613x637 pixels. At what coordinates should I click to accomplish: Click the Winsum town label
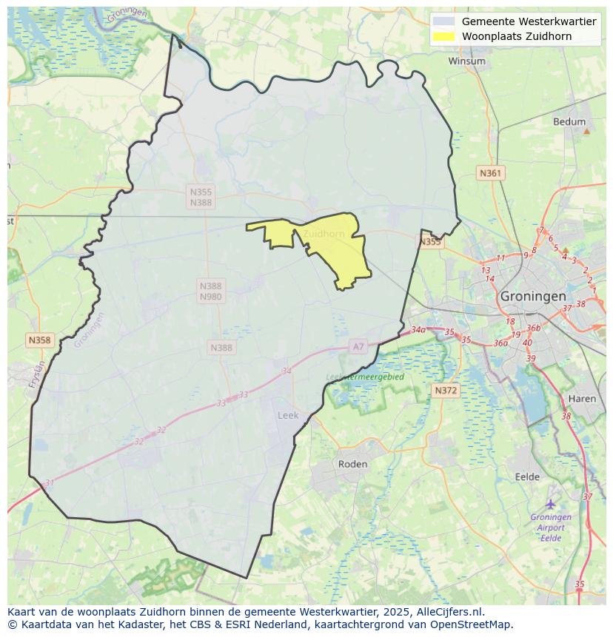[x=466, y=61]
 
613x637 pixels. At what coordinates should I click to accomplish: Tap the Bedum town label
[x=569, y=122]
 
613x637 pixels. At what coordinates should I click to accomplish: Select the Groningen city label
[x=533, y=296]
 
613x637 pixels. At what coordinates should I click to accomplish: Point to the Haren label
[x=582, y=399]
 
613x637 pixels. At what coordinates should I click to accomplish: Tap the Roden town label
[x=352, y=464]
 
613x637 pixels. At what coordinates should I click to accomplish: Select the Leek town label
[x=288, y=415]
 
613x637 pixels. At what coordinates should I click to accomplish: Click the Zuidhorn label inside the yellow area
[x=324, y=234]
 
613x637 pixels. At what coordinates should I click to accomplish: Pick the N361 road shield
[x=490, y=173]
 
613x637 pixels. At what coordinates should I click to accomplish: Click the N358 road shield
[x=39, y=340]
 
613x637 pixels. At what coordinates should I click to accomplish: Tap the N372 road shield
[x=446, y=390]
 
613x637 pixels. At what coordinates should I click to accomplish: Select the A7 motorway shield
[x=358, y=346]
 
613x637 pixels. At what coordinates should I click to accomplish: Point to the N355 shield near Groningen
[x=430, y=242]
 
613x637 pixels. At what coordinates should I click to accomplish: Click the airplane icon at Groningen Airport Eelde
[x=550, y=504]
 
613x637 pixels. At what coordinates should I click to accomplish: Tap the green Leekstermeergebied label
[x=365, y=377]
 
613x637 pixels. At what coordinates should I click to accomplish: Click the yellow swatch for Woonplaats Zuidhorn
[x=443, y=36]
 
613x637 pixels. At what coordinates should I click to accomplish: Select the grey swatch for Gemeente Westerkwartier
[x=443, y=21]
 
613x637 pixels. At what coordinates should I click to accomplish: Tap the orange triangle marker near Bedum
[x=586, y=131]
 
